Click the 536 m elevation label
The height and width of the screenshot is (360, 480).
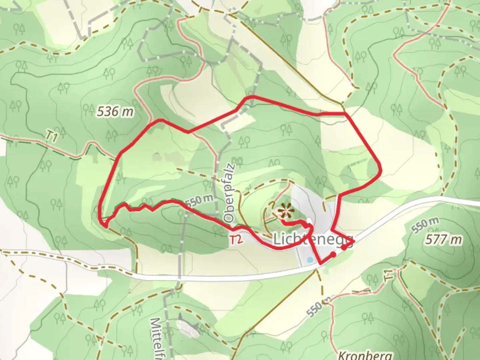pos(115,111)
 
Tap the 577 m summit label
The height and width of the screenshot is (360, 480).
pos(444,240)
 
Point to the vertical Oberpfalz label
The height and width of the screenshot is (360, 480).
pos(230,193)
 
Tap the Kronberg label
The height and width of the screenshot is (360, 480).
pos(365,355)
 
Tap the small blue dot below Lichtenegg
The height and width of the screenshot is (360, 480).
pos(310,260)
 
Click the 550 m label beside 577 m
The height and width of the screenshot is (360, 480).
pos(425,225)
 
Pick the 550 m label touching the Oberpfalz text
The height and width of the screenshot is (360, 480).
pos(199,200)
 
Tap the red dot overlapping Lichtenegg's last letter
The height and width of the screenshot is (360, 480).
pos(344,247)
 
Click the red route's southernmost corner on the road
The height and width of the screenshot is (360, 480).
pos(321,264)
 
